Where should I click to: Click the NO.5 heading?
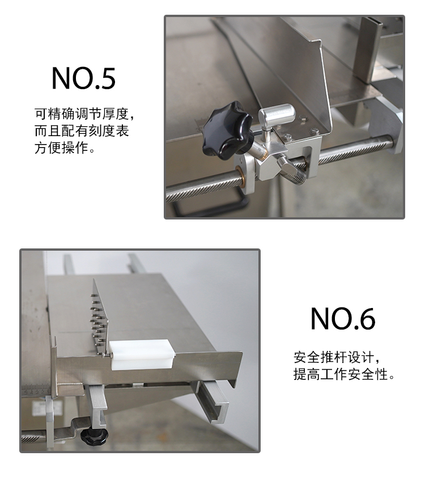pos(83,79)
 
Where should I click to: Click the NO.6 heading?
pos(342,319)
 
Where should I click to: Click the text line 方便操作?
pos(65,149)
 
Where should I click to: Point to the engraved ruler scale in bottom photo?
pos(37,390)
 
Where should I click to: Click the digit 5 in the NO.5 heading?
pos(106,79)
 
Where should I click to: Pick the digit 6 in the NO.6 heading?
pos(366,319)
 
